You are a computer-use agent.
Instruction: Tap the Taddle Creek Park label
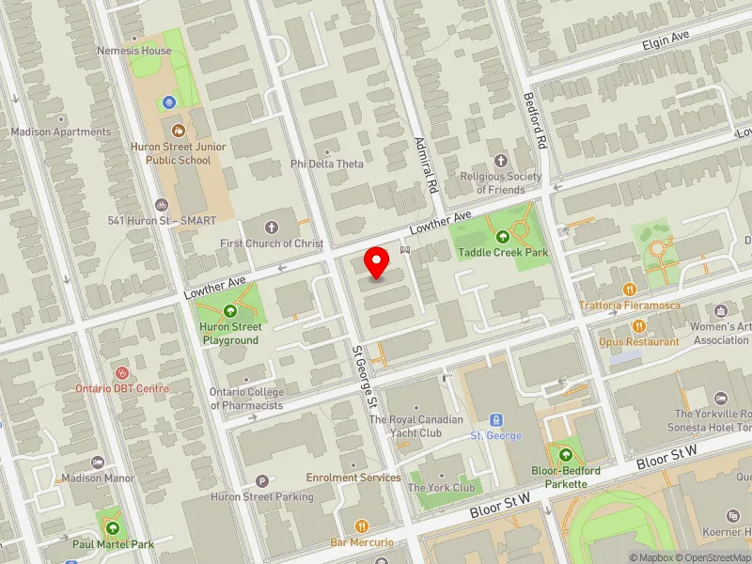click(x=502, y=253)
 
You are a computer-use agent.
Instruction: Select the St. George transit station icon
click(x=495, y=420)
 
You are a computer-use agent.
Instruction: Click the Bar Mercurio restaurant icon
click(x=361, y=526)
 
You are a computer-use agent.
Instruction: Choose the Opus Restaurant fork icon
click(x=639, y=325)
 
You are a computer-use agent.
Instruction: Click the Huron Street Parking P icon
click(x=263, y=481)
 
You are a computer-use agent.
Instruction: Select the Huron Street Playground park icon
click(x=230, y=311)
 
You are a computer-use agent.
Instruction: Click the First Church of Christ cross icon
click(x=273, y=227)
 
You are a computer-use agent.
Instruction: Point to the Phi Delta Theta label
click(x=326, y=164)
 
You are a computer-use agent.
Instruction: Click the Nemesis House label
click(x=134, y=51)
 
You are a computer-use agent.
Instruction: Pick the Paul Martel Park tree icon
click(x=112, y=527)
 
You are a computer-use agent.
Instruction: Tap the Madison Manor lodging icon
click(x=98, y=462)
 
